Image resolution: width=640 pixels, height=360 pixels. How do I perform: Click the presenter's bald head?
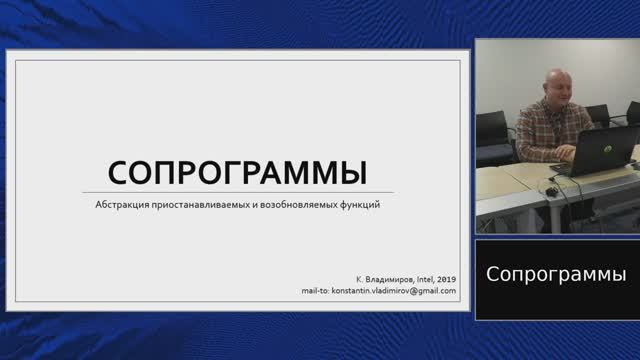(x=556, y=82)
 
